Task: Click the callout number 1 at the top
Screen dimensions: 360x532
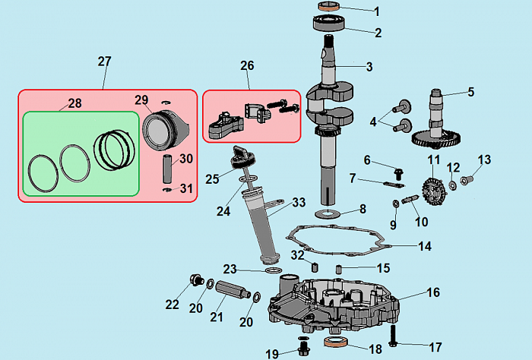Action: (376, 11)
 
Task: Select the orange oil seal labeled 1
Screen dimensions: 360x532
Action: (330, 8)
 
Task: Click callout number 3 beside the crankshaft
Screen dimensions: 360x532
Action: (369, 67)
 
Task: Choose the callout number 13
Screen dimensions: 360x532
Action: (484, 159)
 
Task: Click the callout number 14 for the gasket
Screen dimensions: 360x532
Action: (424, 246)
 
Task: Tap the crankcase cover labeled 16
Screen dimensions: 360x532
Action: (334, 308)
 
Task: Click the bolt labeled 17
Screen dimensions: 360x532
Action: (394, 334)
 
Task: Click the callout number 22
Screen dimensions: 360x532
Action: (173, 305)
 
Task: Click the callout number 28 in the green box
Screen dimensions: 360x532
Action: (74, 103)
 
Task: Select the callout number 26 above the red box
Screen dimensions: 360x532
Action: (247, 66)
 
